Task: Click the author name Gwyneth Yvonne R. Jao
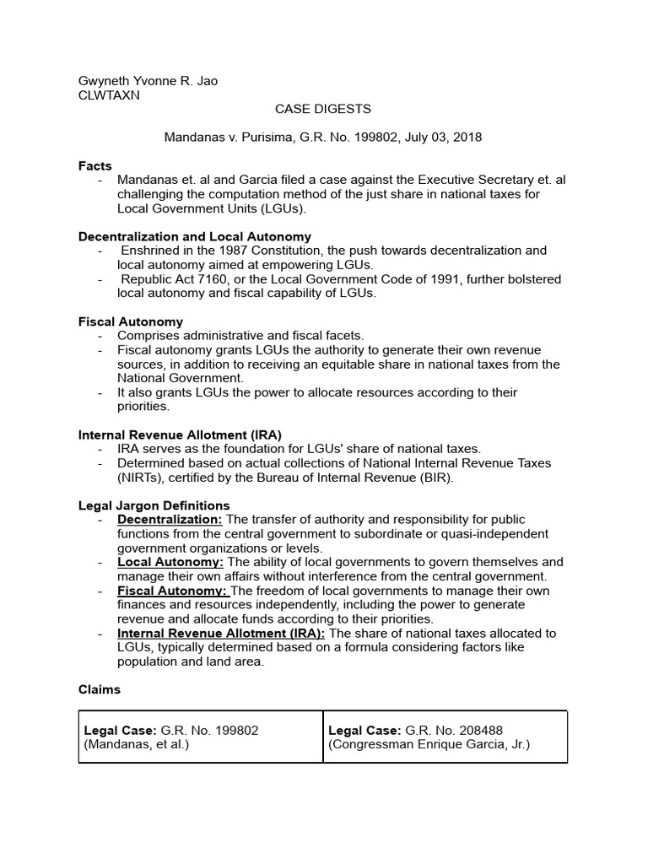[x=148, y=81]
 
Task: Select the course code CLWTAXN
[x=109, y=95]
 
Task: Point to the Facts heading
[x=95, y=166]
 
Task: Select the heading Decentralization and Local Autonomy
[x=195, y=237]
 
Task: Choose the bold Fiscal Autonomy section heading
[x=131, y=321]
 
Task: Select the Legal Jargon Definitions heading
[x=154, y=506]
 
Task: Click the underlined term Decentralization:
[x=170, y=520]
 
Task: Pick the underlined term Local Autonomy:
[x=170, y=562]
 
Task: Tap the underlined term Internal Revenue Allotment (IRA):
[x=221, y=634]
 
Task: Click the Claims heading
[x=100, y=690]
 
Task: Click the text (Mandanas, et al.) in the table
[x=136, y=745]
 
